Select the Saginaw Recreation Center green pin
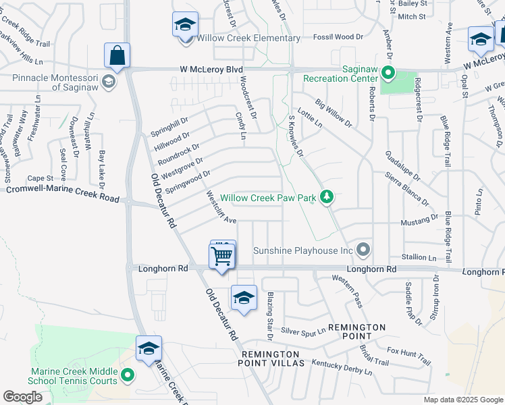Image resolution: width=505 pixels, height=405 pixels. pos(388,72)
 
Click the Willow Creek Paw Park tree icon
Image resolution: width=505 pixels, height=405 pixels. pos(327,196)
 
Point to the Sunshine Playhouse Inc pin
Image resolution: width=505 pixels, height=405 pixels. pos(364,250)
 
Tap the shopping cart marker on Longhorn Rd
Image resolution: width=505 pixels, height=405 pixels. pos(222,256)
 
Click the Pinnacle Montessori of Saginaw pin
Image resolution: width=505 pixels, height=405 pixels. pos(109,83)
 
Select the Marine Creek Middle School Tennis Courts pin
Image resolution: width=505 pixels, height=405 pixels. pos(127,375)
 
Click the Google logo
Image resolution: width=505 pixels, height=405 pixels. pos(22,397)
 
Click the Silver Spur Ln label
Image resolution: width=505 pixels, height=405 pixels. pos(303,331)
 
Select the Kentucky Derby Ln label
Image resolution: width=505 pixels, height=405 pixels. pos(342,367)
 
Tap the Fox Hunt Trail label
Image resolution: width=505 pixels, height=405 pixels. pos(408,352)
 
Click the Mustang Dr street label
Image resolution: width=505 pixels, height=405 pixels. pos(419,220)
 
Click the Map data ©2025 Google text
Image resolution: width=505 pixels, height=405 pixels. pos(462,400)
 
